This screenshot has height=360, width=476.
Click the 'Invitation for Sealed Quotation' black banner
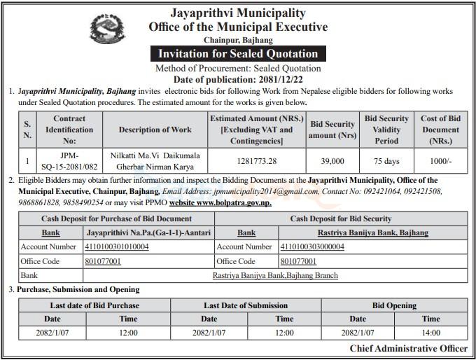coord(238,54)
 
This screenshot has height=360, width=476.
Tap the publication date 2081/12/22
coord(267,79)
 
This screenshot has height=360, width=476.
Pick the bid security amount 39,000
coord(332,161)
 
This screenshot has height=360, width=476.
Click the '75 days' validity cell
coord(386,161)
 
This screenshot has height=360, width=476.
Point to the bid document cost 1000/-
coord(440,161)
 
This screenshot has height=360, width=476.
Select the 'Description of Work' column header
coord(155,130)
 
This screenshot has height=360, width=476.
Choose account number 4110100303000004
coord(312,247)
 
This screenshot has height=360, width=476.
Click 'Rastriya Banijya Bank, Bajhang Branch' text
coord(275,275)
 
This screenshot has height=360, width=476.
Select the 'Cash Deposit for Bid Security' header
coord(341,219)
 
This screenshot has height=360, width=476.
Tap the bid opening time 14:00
coord(431,333)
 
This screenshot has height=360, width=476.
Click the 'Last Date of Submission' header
coord(246,305)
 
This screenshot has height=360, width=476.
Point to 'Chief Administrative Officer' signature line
coord(409,349)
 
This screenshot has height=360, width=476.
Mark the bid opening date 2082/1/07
coord(357,333)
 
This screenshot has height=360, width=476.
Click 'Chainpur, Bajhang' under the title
coord(238,41)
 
